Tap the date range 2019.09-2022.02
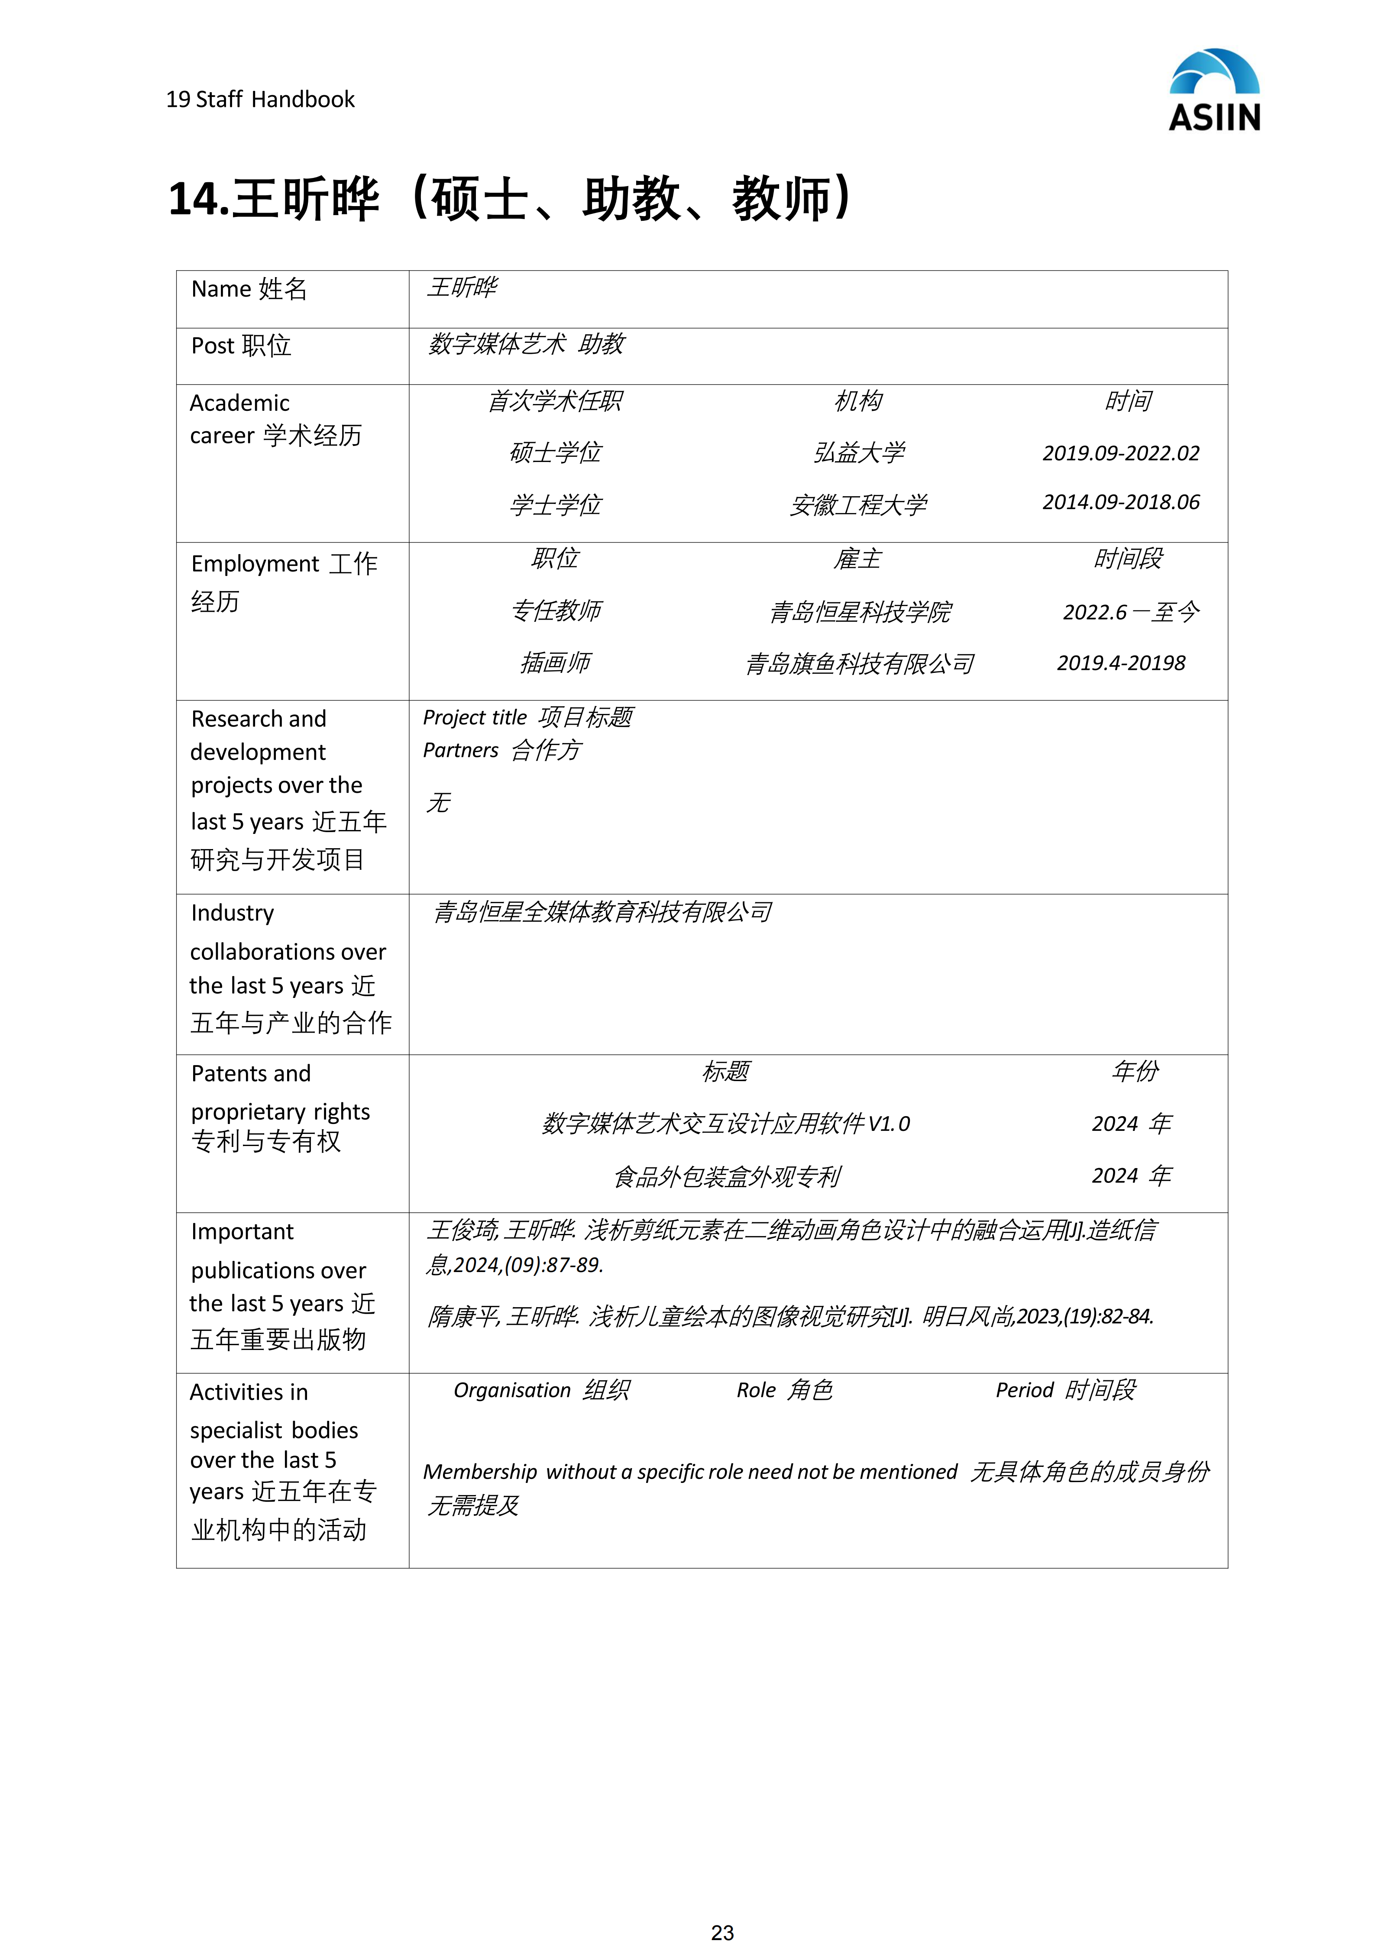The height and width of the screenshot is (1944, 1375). coord(1120,453)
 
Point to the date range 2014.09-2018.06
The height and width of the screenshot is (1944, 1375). coord(1120,502)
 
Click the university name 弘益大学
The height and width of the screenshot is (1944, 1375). coord(858,453)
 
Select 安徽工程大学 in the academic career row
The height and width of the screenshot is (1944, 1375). coord(858,505)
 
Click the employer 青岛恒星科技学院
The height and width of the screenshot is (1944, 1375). coord(860,611)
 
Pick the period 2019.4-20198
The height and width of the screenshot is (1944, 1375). coord(1120,663)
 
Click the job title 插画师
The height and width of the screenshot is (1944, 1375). coord(556,663)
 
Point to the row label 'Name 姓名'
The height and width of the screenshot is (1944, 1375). coord(249,290)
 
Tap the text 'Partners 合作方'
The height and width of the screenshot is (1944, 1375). coord(502,750)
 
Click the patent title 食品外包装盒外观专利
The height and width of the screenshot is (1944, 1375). coord(726,1176)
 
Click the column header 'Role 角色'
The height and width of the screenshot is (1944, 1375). coord(784,1390)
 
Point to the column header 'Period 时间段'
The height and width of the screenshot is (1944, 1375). coord(1065,1390)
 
